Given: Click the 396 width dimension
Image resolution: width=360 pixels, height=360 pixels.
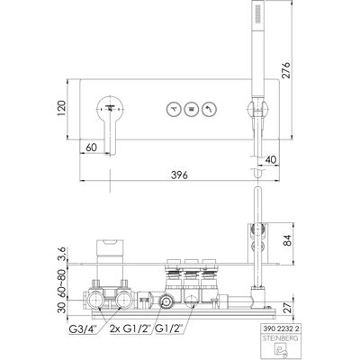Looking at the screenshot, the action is pos(179,175).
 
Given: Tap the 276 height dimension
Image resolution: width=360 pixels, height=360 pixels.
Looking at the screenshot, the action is pos(286,70).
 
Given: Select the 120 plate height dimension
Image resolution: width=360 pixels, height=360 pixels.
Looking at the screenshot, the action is pos(61,109).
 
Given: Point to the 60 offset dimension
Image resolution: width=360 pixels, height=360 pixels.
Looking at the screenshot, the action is pos(92,148).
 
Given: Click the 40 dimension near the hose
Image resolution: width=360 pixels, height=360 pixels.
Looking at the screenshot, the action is pos(271,159).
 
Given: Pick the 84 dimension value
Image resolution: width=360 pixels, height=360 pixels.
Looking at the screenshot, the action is pos(287,240).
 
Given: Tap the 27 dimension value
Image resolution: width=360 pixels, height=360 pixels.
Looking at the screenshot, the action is pos(287,308).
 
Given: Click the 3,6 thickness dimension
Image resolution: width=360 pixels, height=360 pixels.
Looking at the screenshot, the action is pos(61,255).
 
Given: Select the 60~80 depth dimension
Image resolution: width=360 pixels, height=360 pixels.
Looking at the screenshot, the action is pos(61,283).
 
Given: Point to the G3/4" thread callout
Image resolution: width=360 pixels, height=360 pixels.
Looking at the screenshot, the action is pos(82,328).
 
